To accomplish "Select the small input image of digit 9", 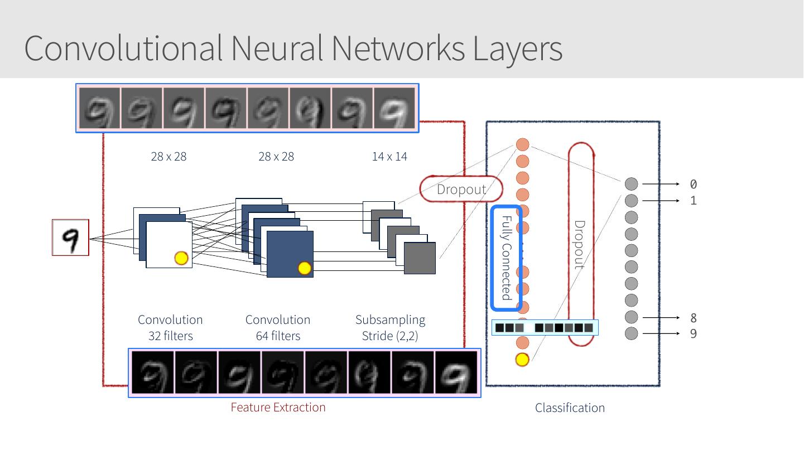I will coord(70,237).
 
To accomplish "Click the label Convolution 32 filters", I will coord(170,328).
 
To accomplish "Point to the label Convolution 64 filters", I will coord(278,328).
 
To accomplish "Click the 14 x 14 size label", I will coord(389,157).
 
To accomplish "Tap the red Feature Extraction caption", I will coord(278,408).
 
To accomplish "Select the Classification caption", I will coord(570,408).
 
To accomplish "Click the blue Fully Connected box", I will coord(507,258).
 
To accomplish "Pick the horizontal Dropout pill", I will coord(461,189).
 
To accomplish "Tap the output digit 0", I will coord(694,184).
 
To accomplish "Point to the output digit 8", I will coord(694,318).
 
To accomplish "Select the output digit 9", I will coord(694,334).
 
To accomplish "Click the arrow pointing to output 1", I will coord(661,200).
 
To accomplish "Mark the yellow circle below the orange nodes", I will coord(522,360).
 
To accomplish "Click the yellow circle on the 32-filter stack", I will coord(181,258).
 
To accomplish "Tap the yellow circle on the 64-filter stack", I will coord(304,268).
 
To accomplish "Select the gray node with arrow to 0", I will coord(631,183).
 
